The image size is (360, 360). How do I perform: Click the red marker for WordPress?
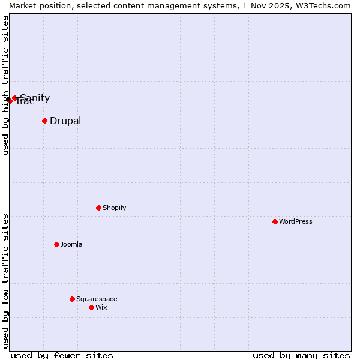[x=275, y=221]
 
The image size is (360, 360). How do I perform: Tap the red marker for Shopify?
[x=98, y=208]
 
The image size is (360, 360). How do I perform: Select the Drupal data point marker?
[x=44, y=121]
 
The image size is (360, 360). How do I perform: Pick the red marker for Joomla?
[x=56, y=244]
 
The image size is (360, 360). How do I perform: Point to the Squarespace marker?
[x=72, y=299]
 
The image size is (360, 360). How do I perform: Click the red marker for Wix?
[x=91, y=307]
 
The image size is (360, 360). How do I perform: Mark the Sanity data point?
[x=14, y=98]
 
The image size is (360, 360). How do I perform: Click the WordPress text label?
[x=296, y=221]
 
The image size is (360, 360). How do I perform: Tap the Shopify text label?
[x=115, y=208]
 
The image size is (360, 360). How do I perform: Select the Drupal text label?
[x=65, y=121]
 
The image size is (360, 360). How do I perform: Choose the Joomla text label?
[x=71, y=244]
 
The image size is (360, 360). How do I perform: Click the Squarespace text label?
[x=97, y=299]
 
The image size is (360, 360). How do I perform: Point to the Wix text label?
[x=101, y=307]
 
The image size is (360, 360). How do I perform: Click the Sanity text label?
[x=35, y=98]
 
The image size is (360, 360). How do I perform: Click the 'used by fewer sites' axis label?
[x=62, y=355]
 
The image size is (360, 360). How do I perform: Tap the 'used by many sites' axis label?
[x=301, y=355]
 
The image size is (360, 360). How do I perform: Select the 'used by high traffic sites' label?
[x=5, y=85]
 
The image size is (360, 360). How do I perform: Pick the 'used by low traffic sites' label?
[x=5, y=281]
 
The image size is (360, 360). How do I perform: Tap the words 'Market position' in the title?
[x=37, y=5]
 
